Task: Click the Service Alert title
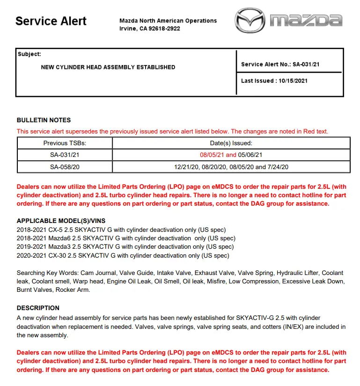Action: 51,21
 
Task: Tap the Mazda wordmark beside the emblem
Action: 307,21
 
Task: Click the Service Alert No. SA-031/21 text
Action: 280,64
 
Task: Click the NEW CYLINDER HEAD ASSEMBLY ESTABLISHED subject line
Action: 108,67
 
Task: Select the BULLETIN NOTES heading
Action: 44,120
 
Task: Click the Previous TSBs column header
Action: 65,143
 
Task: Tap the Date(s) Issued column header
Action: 231,143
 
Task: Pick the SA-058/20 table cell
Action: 65,167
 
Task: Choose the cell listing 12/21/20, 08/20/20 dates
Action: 231,167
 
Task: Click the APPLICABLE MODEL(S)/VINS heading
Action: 64,221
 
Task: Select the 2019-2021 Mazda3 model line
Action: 125,246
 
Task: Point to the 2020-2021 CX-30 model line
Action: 123,255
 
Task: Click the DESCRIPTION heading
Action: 38,308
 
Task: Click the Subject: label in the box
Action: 29,54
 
